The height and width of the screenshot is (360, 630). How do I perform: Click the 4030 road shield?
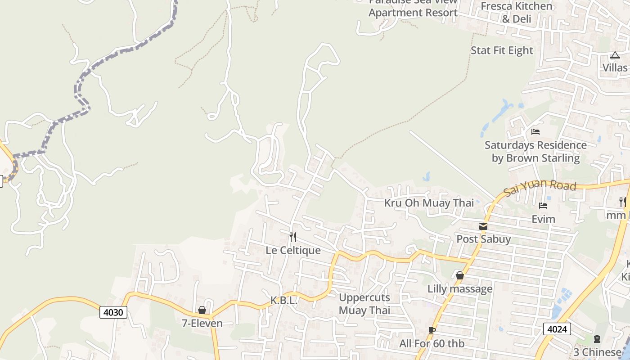[113, 312]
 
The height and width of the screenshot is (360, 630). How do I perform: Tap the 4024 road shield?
[557, 329]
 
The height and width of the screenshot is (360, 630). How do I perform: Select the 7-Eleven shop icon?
[202, 310]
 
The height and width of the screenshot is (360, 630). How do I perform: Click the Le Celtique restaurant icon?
[293, 237]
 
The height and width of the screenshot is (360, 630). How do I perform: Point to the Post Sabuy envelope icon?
[483, 226]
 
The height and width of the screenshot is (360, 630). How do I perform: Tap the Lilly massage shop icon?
[459, 275]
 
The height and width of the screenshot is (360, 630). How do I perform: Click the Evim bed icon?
[543, 206]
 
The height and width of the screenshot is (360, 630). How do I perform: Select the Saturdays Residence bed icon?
[535, 132]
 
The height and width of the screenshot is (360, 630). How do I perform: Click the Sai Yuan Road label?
[540, 187]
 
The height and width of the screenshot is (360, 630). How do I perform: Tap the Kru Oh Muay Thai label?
[429, 203]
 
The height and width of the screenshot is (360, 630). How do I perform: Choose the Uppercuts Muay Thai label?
[364, 304]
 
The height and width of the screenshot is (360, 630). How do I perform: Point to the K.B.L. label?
[284, 301]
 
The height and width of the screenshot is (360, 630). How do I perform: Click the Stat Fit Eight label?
[502, 50]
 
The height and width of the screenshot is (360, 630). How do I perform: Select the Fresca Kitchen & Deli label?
[517, 13]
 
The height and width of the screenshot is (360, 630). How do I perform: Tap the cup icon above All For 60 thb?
[432, 331]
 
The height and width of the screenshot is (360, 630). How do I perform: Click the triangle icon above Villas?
[615, 55]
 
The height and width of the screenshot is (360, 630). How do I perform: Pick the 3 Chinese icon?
[597, 339]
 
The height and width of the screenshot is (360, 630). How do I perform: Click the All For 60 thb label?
[432, 344]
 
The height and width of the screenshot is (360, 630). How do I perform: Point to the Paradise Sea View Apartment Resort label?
[413, 8]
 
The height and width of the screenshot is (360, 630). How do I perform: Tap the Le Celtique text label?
[293, 250]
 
